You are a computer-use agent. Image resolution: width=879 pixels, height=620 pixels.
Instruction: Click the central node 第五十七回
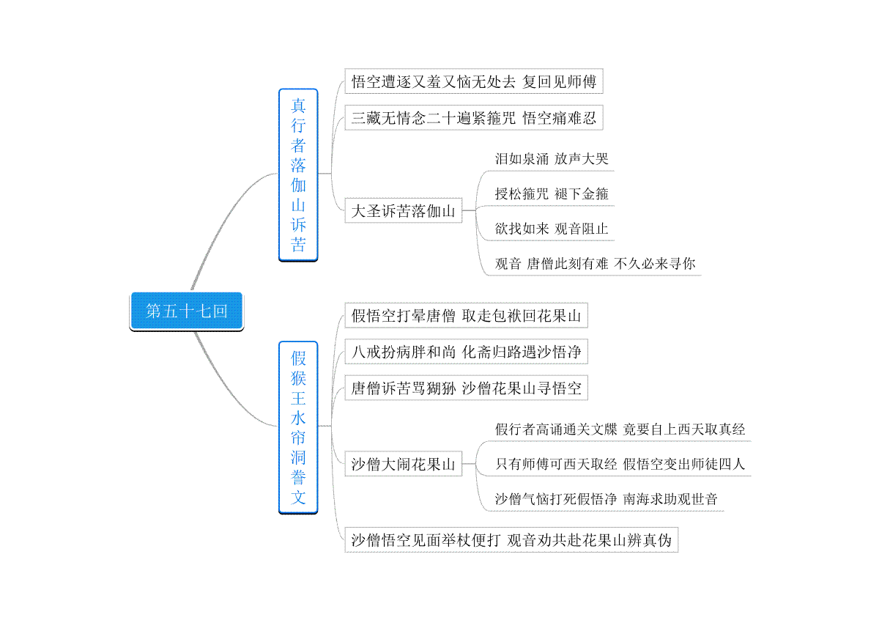(x=186, y=311)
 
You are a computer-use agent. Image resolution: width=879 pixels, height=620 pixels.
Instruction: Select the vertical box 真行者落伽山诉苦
(x=298, y=174)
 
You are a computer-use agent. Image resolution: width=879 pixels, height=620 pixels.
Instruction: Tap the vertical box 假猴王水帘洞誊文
(x=298, y=427)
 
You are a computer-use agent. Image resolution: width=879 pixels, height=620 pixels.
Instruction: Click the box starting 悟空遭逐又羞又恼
(x=474, y=81)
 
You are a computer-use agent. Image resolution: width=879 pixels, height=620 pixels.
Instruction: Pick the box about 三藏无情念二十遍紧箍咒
(x=474, y=117)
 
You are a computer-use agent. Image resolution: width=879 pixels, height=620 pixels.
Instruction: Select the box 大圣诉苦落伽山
(x=404, y=210)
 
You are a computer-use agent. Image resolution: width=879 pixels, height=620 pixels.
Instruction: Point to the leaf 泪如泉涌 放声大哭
(x=552, y=159)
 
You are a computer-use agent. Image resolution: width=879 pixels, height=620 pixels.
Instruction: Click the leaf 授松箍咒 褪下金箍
(x=552, y=193)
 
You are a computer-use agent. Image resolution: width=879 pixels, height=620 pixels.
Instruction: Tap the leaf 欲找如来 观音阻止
(x=552, y=229)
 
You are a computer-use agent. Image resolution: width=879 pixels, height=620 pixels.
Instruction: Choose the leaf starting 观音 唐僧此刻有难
(x=595, y=264)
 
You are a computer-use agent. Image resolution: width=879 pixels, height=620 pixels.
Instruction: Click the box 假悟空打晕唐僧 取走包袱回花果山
(x=466, y=315)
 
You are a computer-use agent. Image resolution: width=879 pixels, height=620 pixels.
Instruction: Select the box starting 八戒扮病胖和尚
(x=466, y=352)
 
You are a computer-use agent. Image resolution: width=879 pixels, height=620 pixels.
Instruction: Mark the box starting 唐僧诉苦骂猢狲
(x=466, y=388)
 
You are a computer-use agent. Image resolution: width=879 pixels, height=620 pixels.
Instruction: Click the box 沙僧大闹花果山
(x=404, y=464)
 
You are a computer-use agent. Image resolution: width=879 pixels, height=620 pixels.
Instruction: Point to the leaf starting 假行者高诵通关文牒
(x=620, y=429)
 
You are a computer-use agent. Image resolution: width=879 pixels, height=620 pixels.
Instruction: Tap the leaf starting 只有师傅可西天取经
(x=620, y=464)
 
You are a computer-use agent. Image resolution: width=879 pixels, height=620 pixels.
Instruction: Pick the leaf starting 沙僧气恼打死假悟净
(x=607, y=498)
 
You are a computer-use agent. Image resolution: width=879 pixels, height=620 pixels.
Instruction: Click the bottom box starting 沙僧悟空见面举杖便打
(x=511, y=540)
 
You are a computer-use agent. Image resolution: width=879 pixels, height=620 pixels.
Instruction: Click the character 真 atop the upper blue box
(x=298, y=106)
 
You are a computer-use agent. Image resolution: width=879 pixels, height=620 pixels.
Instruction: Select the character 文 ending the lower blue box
(x=298, y=498)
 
